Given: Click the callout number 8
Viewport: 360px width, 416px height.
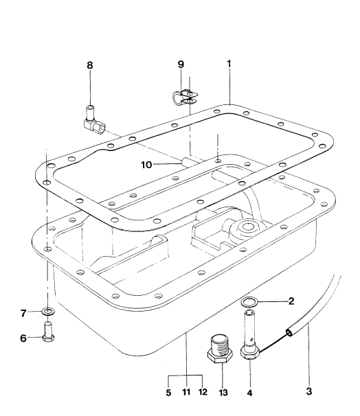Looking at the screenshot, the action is [90, 65].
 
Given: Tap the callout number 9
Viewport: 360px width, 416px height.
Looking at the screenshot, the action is [181, 65].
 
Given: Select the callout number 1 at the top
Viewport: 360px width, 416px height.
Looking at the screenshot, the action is [229, 64].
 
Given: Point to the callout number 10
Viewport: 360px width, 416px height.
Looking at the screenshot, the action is [146, 165].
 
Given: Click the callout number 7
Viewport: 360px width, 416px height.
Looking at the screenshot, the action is [23, 313].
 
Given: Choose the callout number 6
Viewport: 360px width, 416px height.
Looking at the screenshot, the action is [23, 338].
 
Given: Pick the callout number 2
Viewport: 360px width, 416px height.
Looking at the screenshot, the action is [291, 301].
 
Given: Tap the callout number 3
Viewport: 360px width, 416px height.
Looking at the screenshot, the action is [308, 391].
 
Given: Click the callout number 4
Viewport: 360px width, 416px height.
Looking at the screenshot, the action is [249, 393].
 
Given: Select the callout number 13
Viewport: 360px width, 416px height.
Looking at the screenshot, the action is [223, 393].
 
